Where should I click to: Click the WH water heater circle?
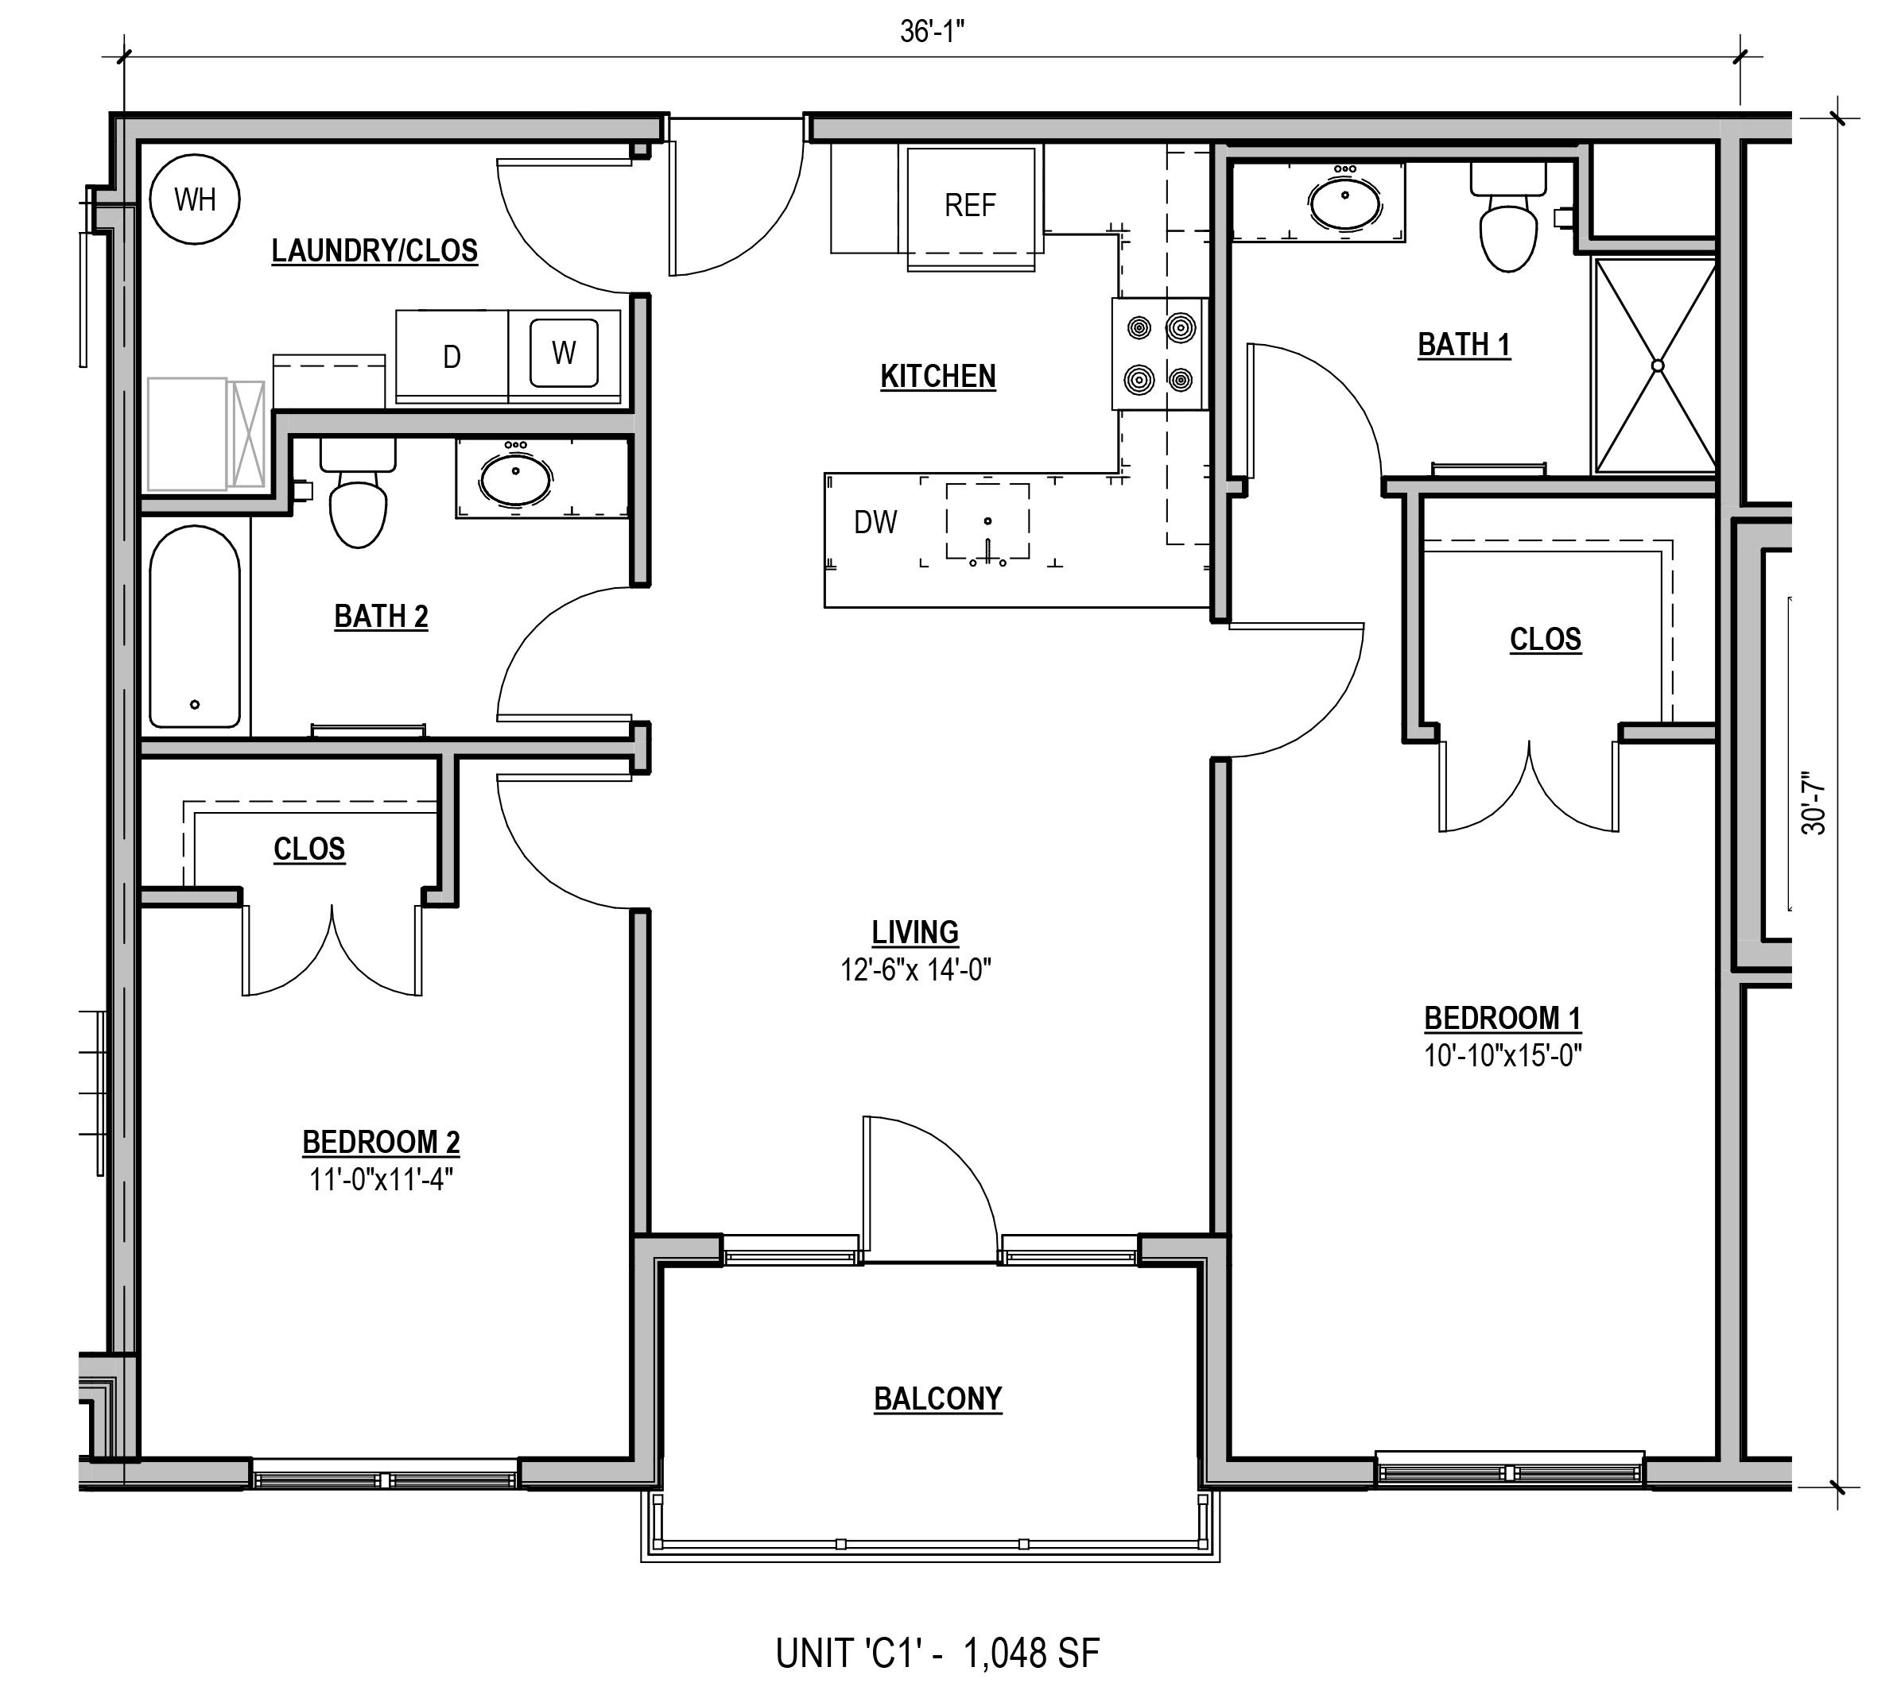click(195, 199)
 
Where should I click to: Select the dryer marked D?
click(452, 356)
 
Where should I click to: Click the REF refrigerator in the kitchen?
click(970, 206)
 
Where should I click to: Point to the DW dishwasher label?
click(875, 522)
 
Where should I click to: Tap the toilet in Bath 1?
click(1508, 217)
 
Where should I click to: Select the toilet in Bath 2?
click(359, 493)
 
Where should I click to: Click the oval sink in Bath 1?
click(1345, 202)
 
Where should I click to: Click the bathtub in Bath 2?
click(195, 627)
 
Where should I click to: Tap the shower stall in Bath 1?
click(1656, 366)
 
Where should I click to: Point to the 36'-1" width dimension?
click(932, 32)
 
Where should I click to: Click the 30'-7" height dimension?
click(1813, 803)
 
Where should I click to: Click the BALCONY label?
click(938, 1399)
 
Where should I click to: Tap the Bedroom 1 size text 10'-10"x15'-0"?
click(1503, 1056)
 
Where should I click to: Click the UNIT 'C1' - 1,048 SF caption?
click(937, 1653)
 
